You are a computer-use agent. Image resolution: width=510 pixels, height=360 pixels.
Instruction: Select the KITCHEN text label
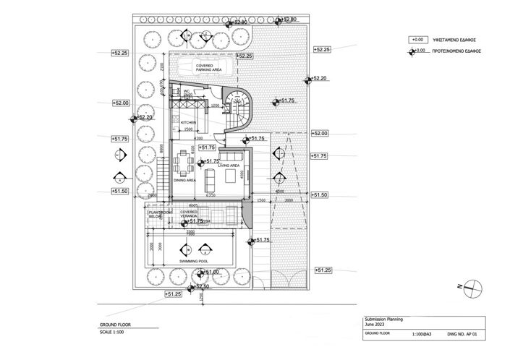(x=188, y=123)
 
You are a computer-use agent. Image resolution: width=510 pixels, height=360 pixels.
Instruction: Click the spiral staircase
(x=237, y=108)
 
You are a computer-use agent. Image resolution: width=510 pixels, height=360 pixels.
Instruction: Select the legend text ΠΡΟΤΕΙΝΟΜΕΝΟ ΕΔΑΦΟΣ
(x=457, y=51)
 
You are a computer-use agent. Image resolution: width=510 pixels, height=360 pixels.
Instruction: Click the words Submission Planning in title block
(x=383, y=318)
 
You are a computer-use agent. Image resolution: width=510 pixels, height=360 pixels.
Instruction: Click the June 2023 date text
(x=375, y=324)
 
